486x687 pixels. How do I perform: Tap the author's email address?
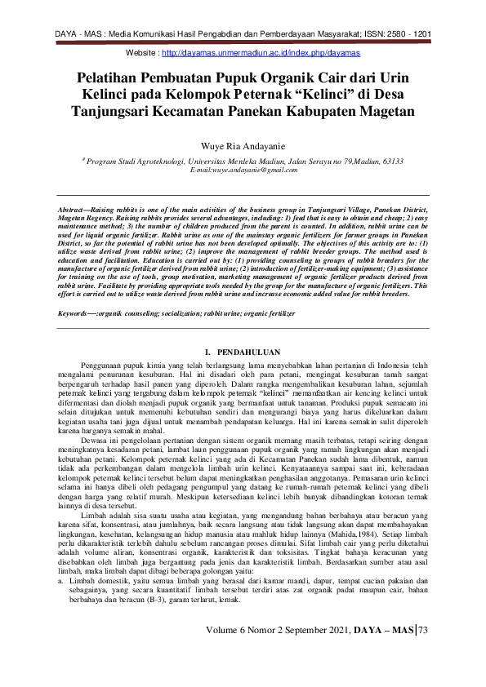click(243, 170)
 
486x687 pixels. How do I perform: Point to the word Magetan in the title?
click(379, 112)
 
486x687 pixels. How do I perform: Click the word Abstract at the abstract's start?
click(71, 210)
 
